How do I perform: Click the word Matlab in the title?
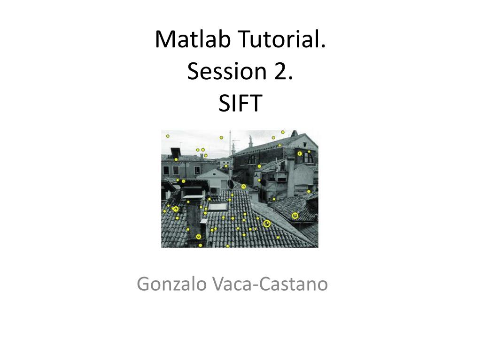[186, 39]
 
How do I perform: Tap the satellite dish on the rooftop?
[231, 184]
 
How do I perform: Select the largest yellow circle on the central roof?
[267, 224]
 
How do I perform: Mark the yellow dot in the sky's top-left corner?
[168, 136]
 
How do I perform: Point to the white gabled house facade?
[215, 180]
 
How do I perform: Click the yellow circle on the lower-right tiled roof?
[295, 215]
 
